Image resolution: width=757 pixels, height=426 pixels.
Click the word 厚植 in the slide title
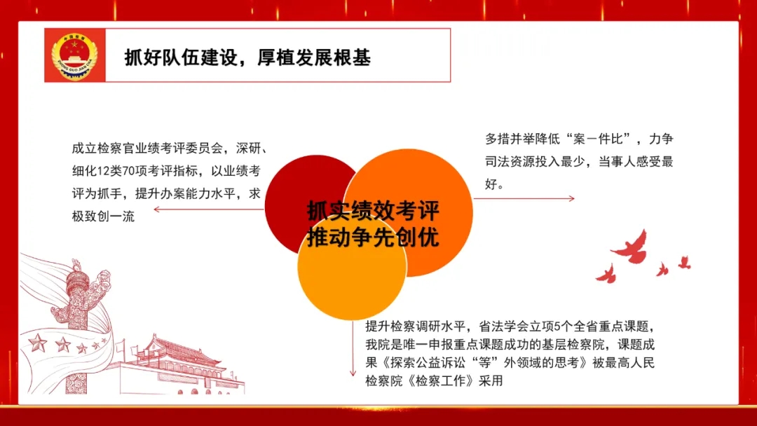click(x=275, y=58)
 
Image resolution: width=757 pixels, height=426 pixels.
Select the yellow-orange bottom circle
click(x=352, y=268)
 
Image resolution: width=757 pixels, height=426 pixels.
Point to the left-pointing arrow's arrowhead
click(x=156, y=209)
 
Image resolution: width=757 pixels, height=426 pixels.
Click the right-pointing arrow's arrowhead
click(x=572, y=198)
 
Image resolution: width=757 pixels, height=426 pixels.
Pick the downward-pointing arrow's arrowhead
click(x=353, y=373)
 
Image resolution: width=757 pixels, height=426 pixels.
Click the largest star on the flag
click(x=37, y=343)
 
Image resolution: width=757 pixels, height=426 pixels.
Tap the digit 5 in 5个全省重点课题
click(x=557, y=327)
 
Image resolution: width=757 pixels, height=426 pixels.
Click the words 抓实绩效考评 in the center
click(x=373, y=210)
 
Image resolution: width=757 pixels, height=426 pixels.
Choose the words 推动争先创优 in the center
click(x=373, y=238)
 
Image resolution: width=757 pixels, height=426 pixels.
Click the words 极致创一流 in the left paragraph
click(x=103, y=217)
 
